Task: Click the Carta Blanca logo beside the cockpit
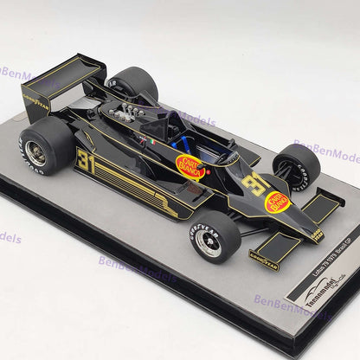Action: tap(190, 166)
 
